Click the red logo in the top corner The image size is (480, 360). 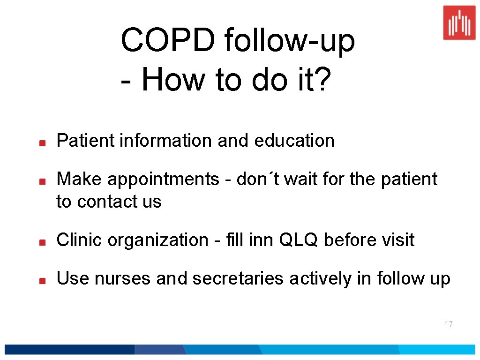(x=459, y=22)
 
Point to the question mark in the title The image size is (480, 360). (x=323, y=79)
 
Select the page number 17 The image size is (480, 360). (x=449, y=324)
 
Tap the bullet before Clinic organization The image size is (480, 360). (x=42, y=242)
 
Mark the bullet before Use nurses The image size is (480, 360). (x=42, y=280)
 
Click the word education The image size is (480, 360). (x=294, y=141)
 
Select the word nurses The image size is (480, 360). (x=123, y=279)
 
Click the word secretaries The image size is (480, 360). (x=238, y=278)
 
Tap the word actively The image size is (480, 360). (x=321, y=279)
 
